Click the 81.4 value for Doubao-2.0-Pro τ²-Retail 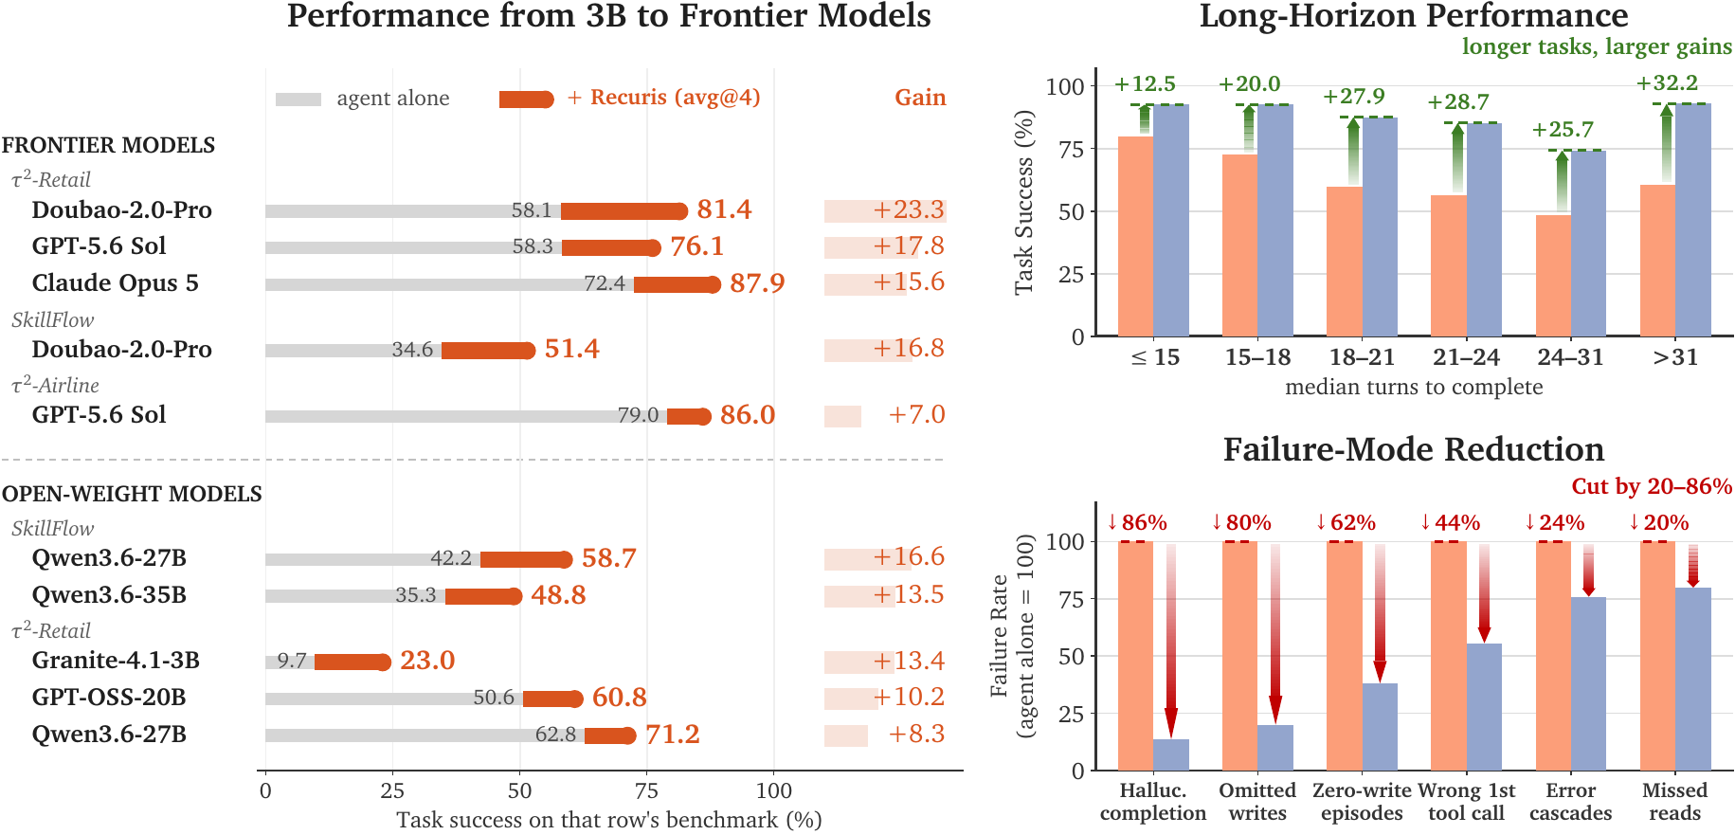pyautogui.click(x=724, y=209)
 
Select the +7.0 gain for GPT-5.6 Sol pyautogui.click(x=916, y=415)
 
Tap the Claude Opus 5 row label pyautogui.click(x=116, y=283)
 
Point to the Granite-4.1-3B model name pyautogui.click(x=116, y=660)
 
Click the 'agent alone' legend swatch pyautogui.click(x=298, y=100)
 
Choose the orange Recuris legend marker pyautogui.click(x=527, y=100)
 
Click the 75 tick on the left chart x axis pyautogui.click(x=646, y=790)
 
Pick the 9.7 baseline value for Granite pyautogui.click(x=292, y=661)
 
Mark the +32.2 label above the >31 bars pyautogui.click(x=1667, y=83)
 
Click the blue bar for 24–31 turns pyautogui.click(x=1588, y=244)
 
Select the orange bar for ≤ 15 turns pyautogui.click(x=1135, y=236)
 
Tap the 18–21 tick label pyautogui.click(x=1362, y=357)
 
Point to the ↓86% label pyautogui.click(x=1137, y=523)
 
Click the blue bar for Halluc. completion pyautogui.click(x=1171, y=754)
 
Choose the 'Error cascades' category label pyautogui.click(x=1570, y=802)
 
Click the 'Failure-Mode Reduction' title pyautogui.click(x=1414, y=449)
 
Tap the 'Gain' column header pyautogui.click(x=920, y=98)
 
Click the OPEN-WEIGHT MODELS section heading pyautogui.click(x=132, y=494)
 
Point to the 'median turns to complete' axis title pyautogui.click(x=1414, y=387)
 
